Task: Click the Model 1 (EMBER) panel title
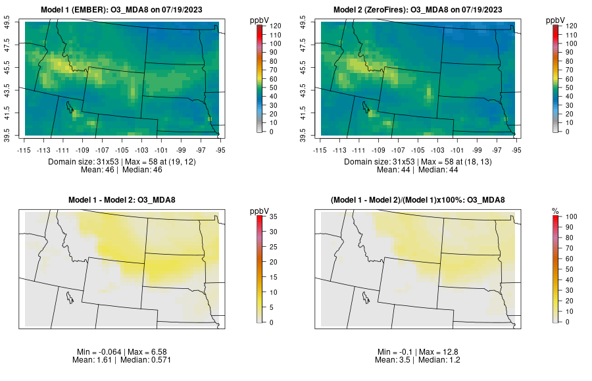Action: pyautogui.click(x=124, y=10)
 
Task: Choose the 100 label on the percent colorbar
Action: pyautogui.click(x=570, y=216)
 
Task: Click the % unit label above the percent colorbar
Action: pyautogui.click(x=555, y=211)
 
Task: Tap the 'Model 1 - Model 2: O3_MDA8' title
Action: pyautogui.click(x=124, y=200)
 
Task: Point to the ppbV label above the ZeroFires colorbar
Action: pyautogui.click(x=556, y=20)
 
